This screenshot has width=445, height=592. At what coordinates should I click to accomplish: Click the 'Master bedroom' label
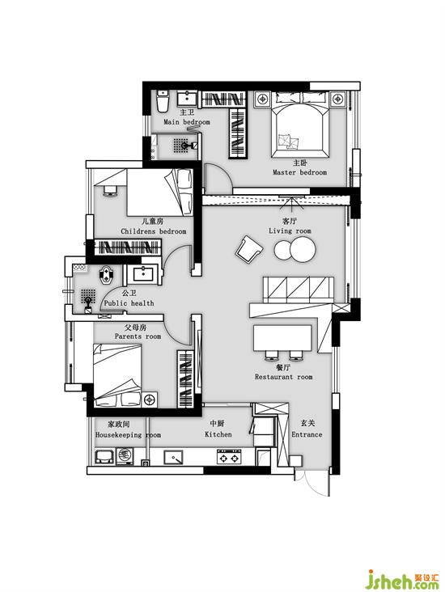tap(299, 172)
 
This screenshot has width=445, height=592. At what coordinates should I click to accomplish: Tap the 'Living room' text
tap(290, 230)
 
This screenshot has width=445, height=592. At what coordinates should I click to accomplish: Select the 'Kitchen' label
tap(218, 434)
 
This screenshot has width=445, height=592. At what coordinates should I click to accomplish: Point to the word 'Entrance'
tap(307, 434)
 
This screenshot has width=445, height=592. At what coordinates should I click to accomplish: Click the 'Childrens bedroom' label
tap(154, 231)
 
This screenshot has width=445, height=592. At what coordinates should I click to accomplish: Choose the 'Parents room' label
tap(138, 336)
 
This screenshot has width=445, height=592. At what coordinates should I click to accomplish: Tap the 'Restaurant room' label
tap(283, 376)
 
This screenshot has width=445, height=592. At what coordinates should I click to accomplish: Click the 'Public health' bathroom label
tap(129, 302)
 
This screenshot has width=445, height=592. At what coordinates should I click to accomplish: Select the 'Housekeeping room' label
tap(128, 434)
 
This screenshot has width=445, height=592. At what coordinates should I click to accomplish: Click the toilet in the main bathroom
tap(163, 101)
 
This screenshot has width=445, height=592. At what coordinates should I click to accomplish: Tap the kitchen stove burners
tap(229, 456)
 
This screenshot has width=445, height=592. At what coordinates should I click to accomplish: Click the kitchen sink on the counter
tap(173, 457)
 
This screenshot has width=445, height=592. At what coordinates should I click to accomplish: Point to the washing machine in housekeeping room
tap(125, 455)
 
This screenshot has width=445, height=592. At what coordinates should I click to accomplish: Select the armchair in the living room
tap(249, 249)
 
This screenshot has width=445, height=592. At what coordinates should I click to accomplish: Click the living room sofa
tap(299, 290)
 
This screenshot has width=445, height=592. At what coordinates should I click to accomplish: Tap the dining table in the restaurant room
tap(282, 337)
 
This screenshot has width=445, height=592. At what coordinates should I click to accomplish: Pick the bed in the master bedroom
tap(300, 125)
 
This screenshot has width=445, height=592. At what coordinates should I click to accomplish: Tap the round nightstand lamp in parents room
tap(150, 400)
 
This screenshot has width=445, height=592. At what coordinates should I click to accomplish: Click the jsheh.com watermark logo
tap(404, 581)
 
